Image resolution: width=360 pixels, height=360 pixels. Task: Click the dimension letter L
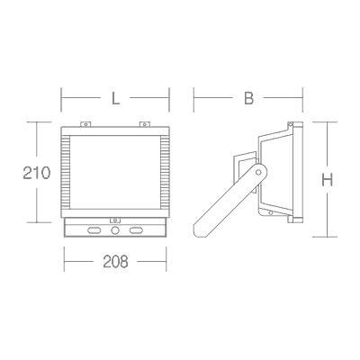coord(115,98)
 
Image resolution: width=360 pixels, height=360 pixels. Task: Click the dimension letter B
coord(248,98)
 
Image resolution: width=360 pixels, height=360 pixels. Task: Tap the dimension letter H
coord(327,180)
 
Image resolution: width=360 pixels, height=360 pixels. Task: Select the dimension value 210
coord(37,173)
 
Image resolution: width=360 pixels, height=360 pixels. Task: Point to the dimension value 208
coord(115,262)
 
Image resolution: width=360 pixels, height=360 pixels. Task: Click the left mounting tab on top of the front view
coord(85,124)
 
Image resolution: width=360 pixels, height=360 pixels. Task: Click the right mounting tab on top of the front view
coord(145,124)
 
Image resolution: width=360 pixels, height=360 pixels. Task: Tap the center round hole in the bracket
coord(115,230)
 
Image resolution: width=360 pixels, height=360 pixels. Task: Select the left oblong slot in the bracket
coord(94,230)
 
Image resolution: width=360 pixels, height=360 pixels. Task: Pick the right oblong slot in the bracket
coord(136,230)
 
